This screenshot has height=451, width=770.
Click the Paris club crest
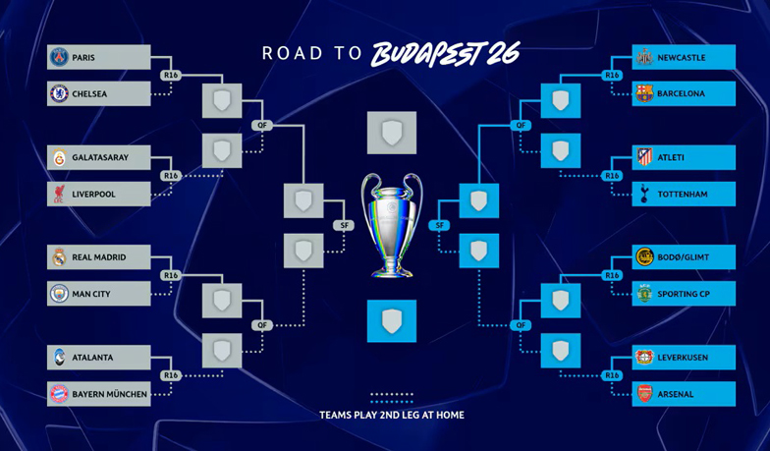point(59,58)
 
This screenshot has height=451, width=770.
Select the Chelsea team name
point(89,94)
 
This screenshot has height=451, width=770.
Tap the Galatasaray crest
point(59,157)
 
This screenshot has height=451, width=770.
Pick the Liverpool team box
point(98,195)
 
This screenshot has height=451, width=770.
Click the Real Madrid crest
point(59,257)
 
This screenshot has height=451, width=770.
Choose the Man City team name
point(91,294)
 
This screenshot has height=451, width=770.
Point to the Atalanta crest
point(59,358)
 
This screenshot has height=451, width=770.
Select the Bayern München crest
point(59,394)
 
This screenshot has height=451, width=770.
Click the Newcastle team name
point(682,58)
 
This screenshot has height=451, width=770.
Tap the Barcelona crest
point(644,94)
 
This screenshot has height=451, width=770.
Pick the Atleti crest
point(644,157)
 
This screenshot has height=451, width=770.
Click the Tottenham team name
point(683,195)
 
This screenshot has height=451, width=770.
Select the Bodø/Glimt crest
point(644,257)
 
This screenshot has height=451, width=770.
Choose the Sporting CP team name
point(684,294)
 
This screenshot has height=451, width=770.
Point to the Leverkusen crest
point(644,358)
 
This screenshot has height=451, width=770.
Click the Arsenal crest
point(644,394)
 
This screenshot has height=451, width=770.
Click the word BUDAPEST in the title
point(433,53)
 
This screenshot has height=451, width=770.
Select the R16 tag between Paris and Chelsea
point(171,76)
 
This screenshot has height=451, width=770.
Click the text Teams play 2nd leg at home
point(392,415)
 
